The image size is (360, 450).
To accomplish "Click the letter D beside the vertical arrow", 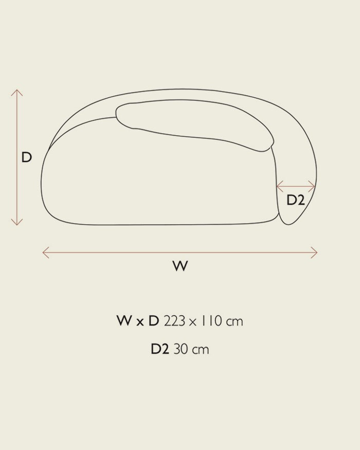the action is click(26, 157).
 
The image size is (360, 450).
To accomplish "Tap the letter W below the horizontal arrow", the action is click(181, 266).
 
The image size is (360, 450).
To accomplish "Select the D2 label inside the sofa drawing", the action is click(296, 200).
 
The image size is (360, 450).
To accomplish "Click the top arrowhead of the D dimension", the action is click(17, 93).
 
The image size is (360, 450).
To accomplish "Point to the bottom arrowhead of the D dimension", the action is click(17, 222).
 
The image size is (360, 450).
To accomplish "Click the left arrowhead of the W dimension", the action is click(45, 253).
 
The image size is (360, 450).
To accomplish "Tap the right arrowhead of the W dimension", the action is click(314, 253).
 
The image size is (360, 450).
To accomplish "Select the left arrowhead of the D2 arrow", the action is click(280, 187).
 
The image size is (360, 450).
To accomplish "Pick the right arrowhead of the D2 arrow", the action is click(312, 187).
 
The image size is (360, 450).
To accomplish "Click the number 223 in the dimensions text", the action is click(174, 321).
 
